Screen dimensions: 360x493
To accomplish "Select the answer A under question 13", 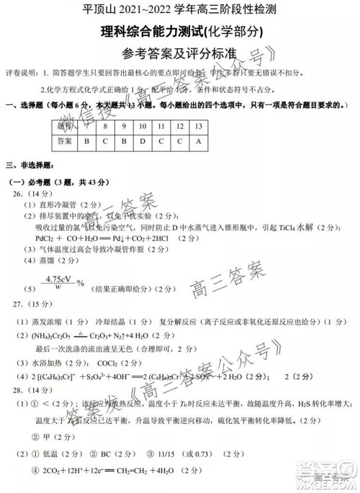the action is tap(197, 142).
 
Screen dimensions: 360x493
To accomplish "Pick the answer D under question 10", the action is tap(142, 142).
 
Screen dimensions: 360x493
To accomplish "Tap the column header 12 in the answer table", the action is tap(179, 125).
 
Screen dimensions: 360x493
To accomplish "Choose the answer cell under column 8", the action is tap(105, 142).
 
